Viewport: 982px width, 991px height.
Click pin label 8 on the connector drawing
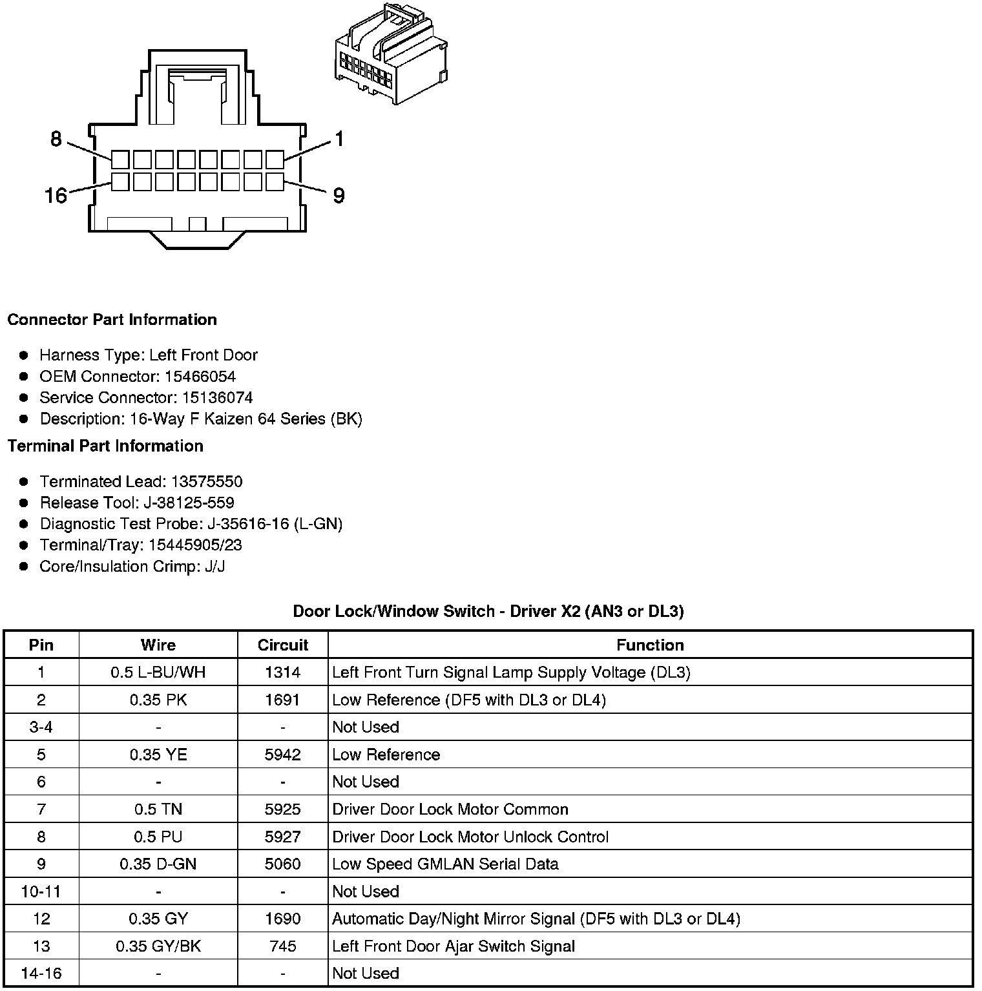pos(56,139)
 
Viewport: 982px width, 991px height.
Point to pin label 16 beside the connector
pos(56,195)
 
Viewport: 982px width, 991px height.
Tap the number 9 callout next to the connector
pos(339,196)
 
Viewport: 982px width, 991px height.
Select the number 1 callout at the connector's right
pos(339,139)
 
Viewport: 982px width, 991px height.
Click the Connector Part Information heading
pos(112,320)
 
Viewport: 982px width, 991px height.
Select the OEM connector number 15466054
pos(200,377)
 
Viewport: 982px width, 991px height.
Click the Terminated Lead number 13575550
pos(207,482)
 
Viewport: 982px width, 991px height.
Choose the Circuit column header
pos(283,645)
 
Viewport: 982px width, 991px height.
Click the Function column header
pos(650,645)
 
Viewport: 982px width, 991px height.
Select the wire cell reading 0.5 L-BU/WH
pos(158,673)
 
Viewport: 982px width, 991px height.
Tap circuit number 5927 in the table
pos(283,837)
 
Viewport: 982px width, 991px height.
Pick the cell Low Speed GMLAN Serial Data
pos(445,864)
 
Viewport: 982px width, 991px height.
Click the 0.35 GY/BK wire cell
pos(158,946)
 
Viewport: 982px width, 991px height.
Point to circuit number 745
pos(283,946)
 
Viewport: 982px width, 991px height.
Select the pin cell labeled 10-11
pos(41,892)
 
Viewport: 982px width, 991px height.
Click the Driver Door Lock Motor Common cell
pos(450,809)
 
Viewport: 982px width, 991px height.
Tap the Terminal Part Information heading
pos(105,446)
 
